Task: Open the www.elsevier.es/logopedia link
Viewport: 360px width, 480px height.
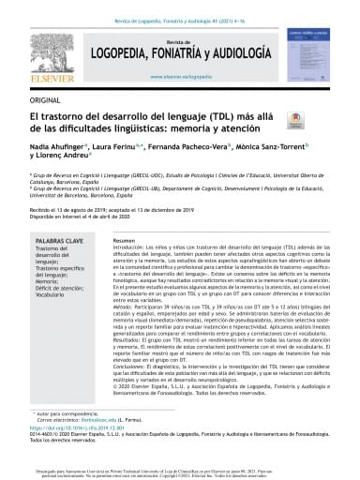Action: tap(180, 81)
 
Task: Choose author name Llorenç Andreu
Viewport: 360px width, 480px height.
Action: tap(43, 159)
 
